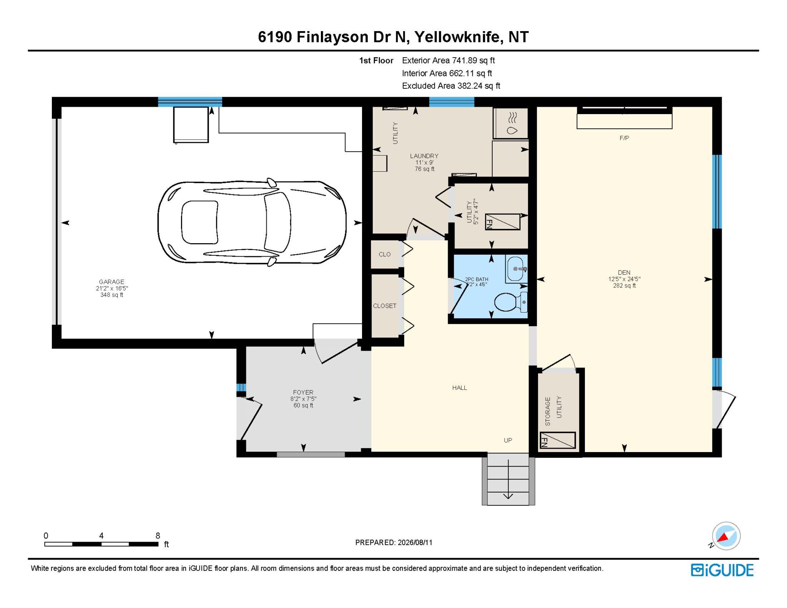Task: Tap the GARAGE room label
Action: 111,282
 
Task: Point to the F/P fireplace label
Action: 624,138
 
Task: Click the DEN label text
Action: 624,272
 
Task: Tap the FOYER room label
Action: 303,392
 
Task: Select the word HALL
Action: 460,388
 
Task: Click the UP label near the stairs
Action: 508,440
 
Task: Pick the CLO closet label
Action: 385,254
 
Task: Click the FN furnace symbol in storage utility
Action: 558,440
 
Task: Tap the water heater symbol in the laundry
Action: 511,123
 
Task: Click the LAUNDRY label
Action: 424,156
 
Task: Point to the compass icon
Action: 726,536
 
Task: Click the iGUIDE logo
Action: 722,570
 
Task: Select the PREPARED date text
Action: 394,542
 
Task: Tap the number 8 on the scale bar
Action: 158,535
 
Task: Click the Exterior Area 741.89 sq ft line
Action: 448,60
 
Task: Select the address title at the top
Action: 393,37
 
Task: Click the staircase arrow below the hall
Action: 508,479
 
